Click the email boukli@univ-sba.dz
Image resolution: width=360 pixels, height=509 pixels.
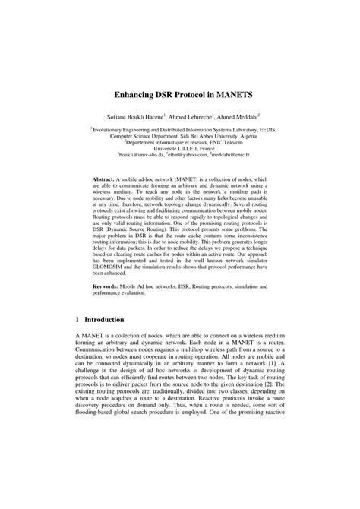(x=144, y=154)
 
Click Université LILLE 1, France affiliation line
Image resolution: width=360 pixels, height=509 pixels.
(x=180, y=147)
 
